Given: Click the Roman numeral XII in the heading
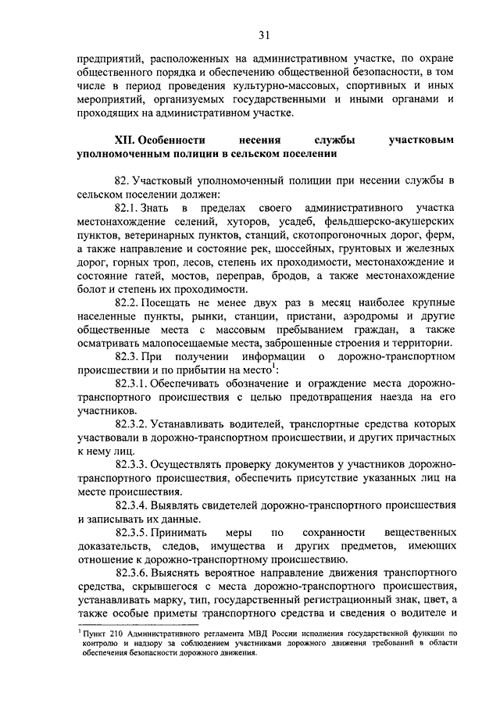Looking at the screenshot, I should click(125, 141).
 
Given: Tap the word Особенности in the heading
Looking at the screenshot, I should click(171, 141).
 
